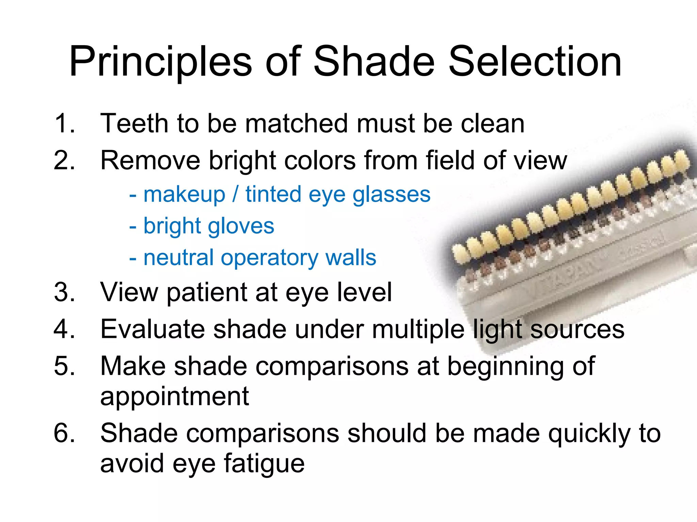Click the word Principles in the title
pos(160,62)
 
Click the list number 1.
pos(64,123)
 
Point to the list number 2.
pos(64,160)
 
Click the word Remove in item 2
pos(150,160)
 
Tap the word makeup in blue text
pos(184,194)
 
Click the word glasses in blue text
pos(391,194)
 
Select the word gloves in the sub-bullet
pos(241,226)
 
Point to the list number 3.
pos(64,292)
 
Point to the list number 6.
pos(64,433)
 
